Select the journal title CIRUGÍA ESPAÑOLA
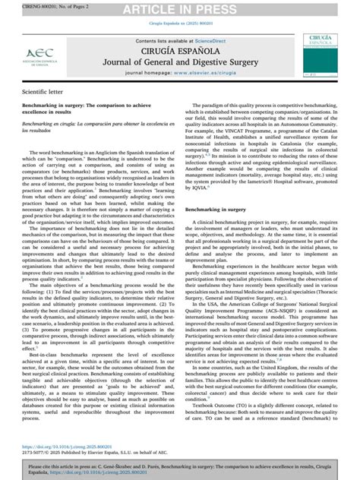click(180, 52)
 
